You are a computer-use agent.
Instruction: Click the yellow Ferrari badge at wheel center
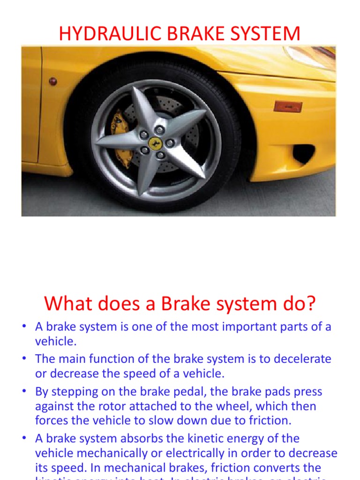pos(155,142)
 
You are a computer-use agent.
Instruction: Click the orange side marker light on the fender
pos(288,106)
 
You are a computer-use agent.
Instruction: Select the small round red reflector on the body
pos(53,81)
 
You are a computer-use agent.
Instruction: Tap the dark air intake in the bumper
pos(303,153)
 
